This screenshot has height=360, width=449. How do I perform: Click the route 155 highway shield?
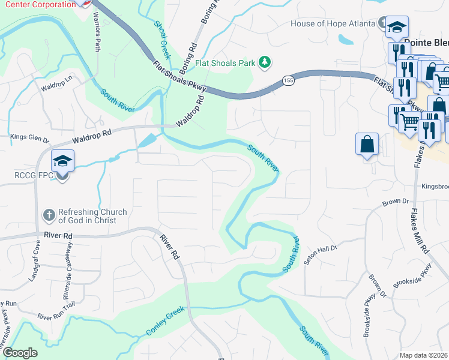pyautogui.click(x=289, y=80)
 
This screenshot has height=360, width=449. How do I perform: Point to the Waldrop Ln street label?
pyautogui.click(x=56, y=83)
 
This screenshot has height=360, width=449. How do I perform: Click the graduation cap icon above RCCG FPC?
pyautogui.click(x=62, y=161)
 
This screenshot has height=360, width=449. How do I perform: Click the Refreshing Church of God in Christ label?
pyautogui.click(x=92, y=216)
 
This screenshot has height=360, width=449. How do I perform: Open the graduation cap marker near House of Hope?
pyautogui.click(x=397, y=28)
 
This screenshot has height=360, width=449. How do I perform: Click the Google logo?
pyautogui.click(x=20, y=353)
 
